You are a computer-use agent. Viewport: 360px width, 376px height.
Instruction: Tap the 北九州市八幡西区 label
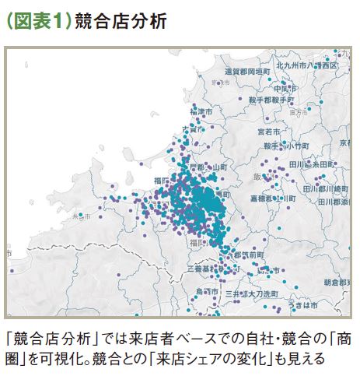(x=310, y=68)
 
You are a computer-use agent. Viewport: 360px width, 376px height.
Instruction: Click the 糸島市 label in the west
(x=81, y=216)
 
